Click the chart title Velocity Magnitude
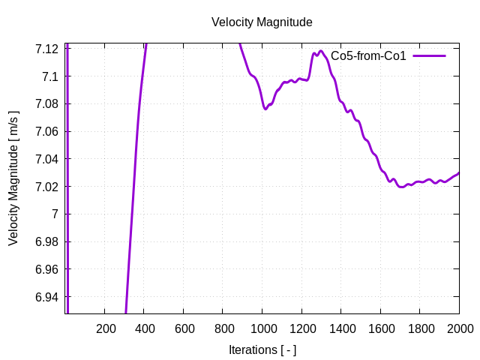(x=262, y=22)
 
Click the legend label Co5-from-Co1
(x=368, y=56)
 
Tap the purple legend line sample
(x=428, y=56)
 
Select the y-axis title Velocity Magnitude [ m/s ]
(x=13, y=178)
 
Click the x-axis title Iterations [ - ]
(x=262, y=349)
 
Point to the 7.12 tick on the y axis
(x=46, y=49)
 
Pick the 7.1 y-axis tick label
(x=50, y=76)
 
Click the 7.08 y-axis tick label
(x=46, y=104)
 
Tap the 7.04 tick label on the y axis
(x=46, y=159)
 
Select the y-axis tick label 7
(x=55, y=214)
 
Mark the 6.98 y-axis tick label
(x=46, y=241)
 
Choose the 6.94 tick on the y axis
(x=46, y=297)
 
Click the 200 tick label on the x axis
(x=106, y=328)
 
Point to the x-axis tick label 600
(x=184, y=328)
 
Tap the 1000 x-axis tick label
(x=262, y=328)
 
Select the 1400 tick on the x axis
(x=341, y=328)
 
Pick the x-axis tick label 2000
(x=459, y=328)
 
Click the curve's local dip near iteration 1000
(x=265, y=109)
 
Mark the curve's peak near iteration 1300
(x=321, y=51)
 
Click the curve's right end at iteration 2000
(x=458, y=173)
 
